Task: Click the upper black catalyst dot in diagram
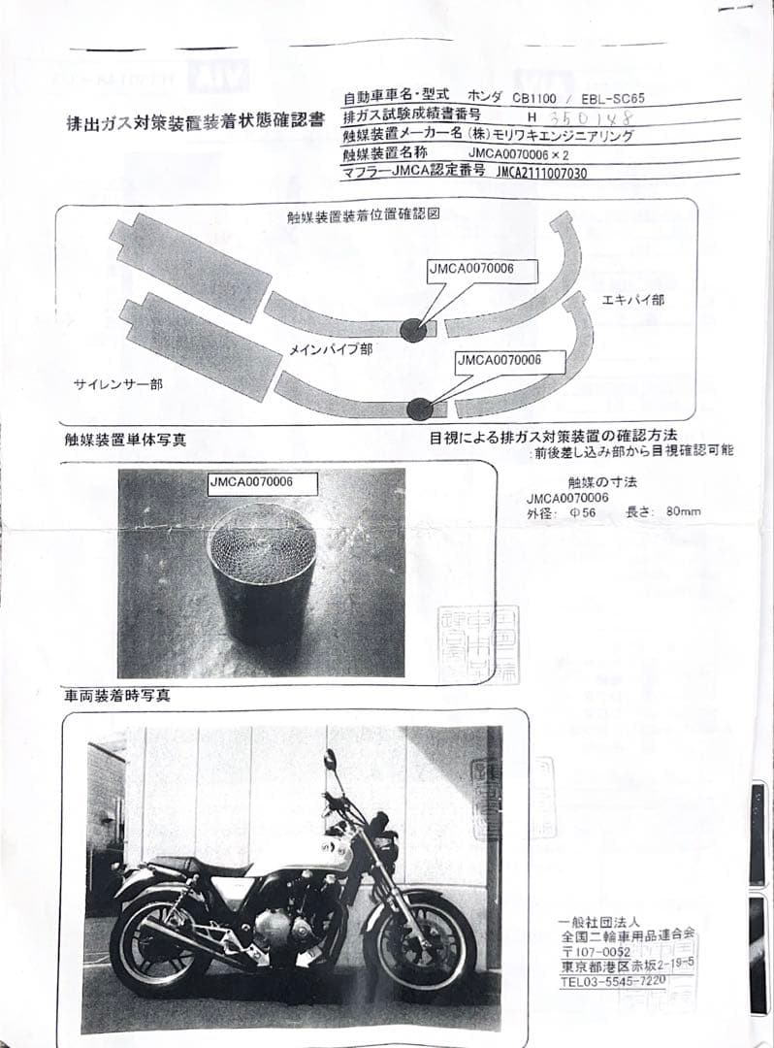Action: [x=412, y=330]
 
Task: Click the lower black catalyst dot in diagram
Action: [x=419, y=409]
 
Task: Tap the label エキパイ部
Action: [x=632, y=300]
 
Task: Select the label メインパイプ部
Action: [x=331, y=347]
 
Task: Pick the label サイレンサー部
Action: [x=118, y=384]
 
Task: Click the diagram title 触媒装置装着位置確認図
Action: [x=364, y=214]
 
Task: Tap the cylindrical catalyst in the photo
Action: [x=264, y=568]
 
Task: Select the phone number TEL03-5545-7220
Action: [x=613, y=981]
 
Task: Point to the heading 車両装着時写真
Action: [x=116, y=696]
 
